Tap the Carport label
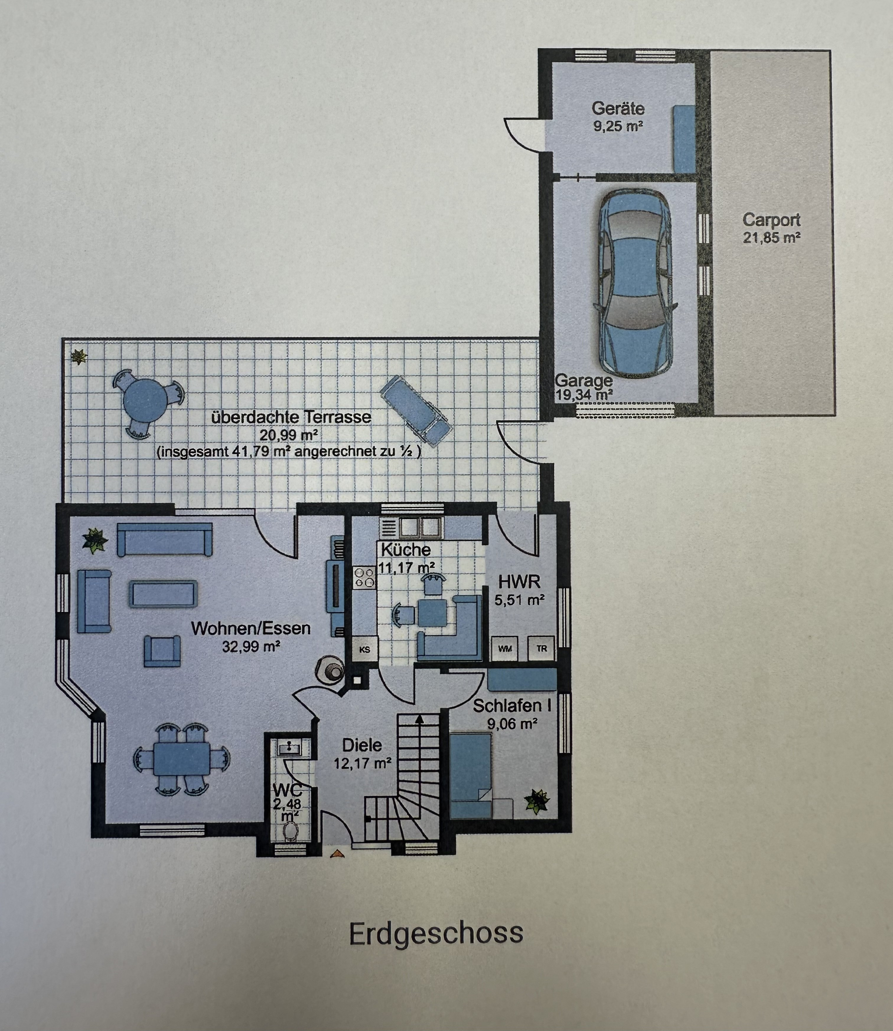tap(771, 220)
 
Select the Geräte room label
tap(618, 108)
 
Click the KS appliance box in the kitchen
tap(365, 649)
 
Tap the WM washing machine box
tap(505, 648)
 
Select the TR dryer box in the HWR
tap(542, 648)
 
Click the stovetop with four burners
tap(364, 578)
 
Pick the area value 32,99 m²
tap(251, 647)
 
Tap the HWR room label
tap(519, 582)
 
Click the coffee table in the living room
tap(164, 593)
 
